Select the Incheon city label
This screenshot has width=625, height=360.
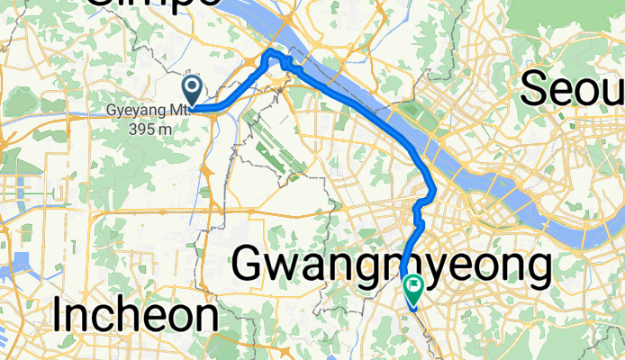(135, 316)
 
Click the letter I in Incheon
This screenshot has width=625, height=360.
(59, 316)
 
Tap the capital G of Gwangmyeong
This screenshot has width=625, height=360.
(251, 266)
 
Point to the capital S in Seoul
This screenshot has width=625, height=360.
(535, 89)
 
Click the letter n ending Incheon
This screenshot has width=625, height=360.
(206, 318)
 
